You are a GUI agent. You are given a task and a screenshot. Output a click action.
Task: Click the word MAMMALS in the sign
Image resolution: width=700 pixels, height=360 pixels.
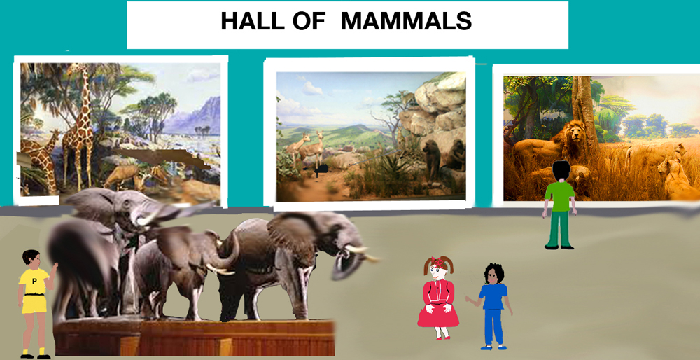pos(406,22)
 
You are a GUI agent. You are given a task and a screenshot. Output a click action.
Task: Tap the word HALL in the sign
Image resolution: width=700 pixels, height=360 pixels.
pos(253,22)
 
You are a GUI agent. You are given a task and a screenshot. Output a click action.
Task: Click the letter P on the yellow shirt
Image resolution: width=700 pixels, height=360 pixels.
pos(34,282)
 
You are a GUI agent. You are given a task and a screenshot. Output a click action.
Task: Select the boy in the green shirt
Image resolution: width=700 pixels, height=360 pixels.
pos(559,205)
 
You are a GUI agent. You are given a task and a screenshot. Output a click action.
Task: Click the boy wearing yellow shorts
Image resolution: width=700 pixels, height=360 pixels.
pos(35,304)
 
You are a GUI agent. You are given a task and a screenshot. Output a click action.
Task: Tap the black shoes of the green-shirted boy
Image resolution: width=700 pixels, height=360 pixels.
pos(559,247)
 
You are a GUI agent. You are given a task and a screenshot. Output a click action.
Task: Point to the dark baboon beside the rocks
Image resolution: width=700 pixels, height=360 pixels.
pos(432,158)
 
